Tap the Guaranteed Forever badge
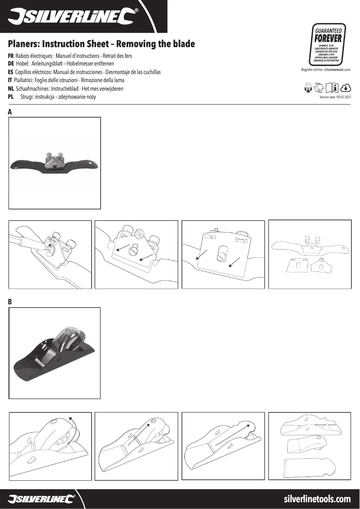[328, 45]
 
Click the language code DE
[11, 64]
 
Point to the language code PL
[11, 97]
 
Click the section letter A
[10, 112]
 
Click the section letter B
[10, 302]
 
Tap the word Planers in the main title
[26, 44]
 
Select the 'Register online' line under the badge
[325, 70]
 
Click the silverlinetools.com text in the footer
[317, 499]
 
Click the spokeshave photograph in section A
[55, 163]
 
